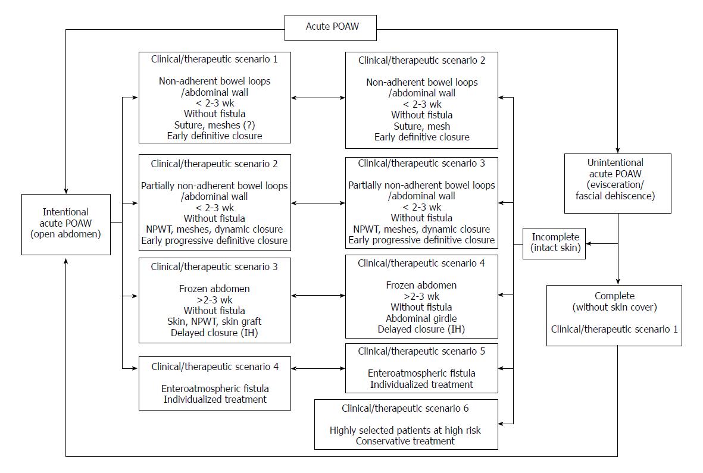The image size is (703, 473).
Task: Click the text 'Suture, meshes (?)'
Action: (214, 125)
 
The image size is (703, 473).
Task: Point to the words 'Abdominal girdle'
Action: (421, 318)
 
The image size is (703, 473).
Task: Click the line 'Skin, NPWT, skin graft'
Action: (214, 322)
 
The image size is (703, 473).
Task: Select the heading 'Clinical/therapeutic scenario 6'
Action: (405, 409)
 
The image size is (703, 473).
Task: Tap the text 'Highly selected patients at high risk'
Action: (405, 430)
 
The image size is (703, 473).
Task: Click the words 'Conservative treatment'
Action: (405, 441)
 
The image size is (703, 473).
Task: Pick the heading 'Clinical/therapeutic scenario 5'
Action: (421, 352)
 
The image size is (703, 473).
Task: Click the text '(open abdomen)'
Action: (65, 234)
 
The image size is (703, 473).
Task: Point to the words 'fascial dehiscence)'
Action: (615, 196)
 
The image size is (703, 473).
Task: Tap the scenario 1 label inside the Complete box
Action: (614, 329)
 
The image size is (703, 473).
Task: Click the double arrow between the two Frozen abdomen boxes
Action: (318, 296)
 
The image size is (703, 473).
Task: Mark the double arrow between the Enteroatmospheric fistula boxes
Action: (318, 369)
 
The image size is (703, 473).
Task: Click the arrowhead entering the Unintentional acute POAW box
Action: (617, 151)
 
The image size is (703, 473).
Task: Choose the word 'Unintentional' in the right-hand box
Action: (615, 162)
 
